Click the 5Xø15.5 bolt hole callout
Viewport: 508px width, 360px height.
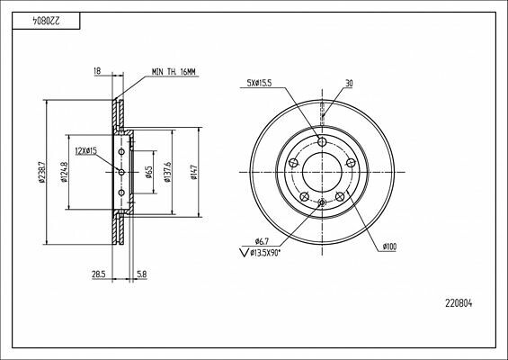261,84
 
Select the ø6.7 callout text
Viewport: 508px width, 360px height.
261,241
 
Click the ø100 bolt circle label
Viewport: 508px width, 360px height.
389,245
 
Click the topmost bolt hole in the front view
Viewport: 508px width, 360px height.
322,140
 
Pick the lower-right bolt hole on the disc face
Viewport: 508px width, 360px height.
339,198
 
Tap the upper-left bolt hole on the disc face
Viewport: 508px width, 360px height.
293,163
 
